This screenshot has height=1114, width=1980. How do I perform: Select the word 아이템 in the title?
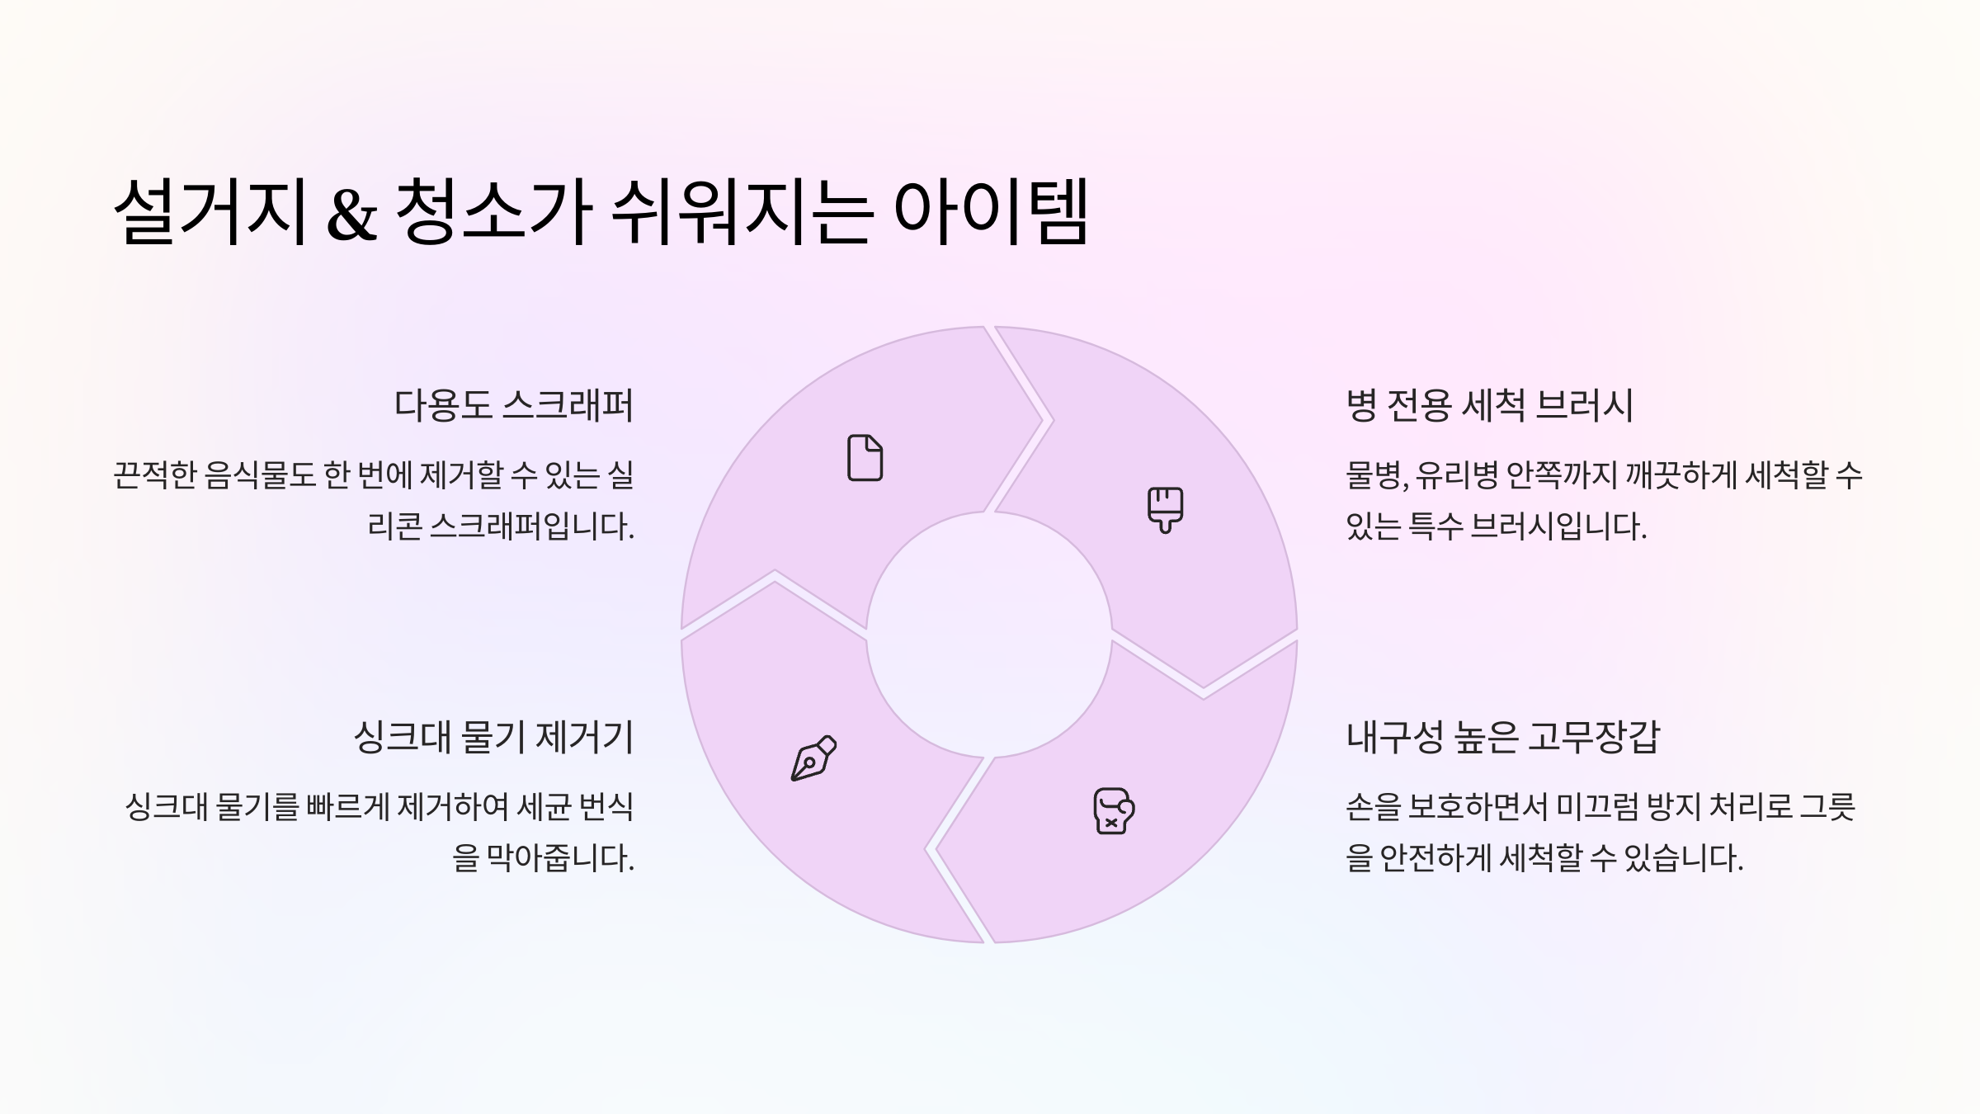point(991,213)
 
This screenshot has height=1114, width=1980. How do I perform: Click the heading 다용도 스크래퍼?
point(513,405)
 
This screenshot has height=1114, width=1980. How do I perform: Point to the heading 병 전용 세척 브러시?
point(1489,405)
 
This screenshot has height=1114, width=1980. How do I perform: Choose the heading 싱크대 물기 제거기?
point(493,737)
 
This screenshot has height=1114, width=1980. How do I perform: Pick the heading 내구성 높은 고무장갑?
point(1502,737)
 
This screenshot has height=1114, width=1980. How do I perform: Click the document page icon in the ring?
point(865,457)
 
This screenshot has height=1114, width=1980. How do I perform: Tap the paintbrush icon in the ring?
point(1165,509)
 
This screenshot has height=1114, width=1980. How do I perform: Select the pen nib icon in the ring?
point(813,758)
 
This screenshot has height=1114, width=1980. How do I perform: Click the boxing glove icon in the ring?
point(1113,811)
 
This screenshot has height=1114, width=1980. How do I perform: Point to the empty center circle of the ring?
point(988,635)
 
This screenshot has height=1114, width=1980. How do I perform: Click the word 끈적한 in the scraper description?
point(154,475)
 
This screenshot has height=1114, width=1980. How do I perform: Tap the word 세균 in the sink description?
point(545,807)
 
